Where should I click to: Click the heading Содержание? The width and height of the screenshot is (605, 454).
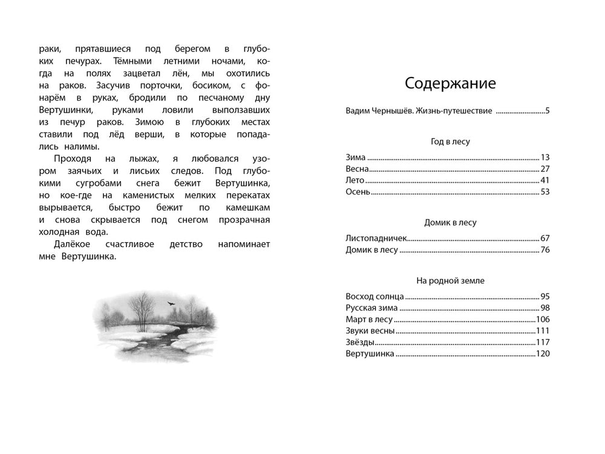[x=450, y=83]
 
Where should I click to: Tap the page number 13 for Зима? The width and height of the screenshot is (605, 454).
[x=544, y=156]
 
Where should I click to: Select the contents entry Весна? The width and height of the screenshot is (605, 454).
[x=356, y=169]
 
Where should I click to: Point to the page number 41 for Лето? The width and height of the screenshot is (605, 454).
[x=544, y=181]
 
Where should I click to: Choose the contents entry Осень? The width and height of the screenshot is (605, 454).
[x=357, y=193]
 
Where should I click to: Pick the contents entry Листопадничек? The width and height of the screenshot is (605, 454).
[x=376, y=238]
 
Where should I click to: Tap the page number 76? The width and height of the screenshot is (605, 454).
[x=544, y=250]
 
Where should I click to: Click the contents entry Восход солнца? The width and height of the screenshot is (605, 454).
[x=374, y=296]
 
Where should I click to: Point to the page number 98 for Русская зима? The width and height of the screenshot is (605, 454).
[x=544, y=308]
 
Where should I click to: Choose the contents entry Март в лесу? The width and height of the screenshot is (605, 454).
[x=369, y=320]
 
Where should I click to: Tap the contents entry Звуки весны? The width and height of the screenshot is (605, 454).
[x=370, y=331]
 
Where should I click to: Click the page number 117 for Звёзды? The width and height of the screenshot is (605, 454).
[x=542, y=343]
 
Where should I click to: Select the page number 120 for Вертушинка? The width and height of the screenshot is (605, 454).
[x=542, y=354]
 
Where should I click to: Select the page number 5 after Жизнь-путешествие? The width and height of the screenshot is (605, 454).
[x=547, y=111]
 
